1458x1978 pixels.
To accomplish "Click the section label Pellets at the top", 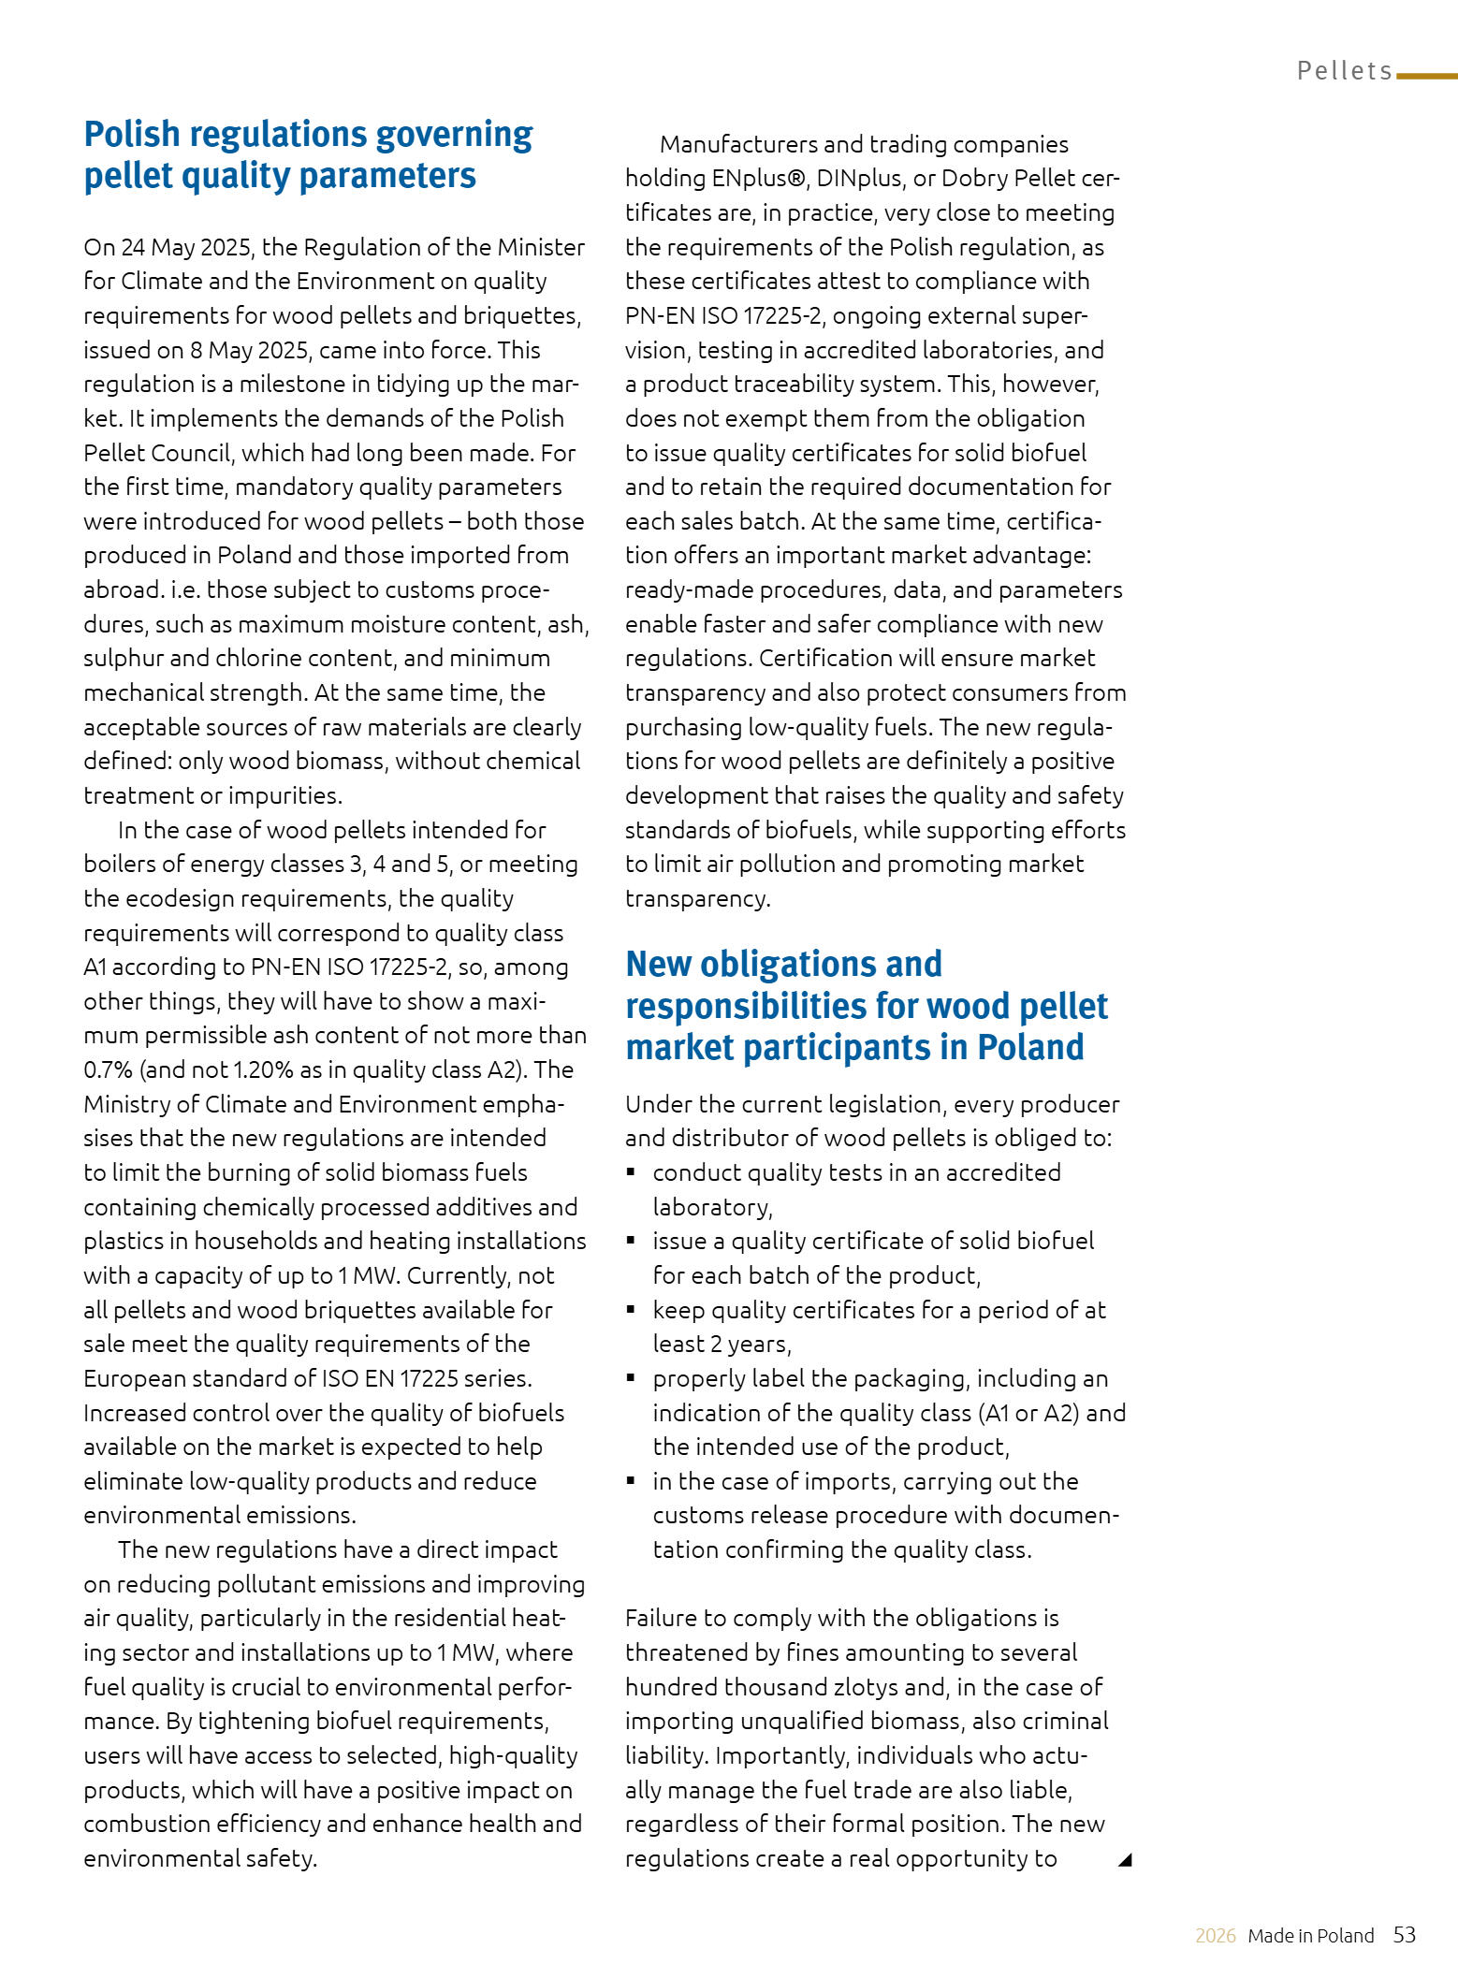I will point(1344,71).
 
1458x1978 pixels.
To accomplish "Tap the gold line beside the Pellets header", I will point(1426,76).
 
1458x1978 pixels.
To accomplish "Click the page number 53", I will point(1404,1935).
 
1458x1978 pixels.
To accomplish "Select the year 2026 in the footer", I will point(1215,1936).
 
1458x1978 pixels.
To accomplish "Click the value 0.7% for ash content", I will point(108,1069).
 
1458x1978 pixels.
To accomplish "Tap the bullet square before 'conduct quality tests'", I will point(632,1172).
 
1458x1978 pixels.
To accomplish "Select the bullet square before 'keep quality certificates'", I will point(632,1310).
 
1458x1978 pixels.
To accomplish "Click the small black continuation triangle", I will point(1125,1859).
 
